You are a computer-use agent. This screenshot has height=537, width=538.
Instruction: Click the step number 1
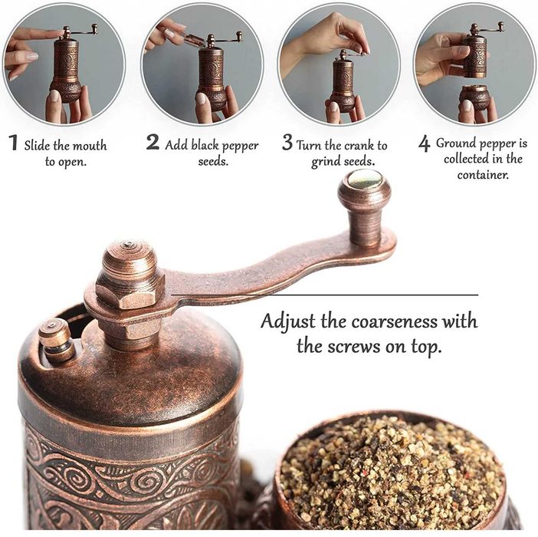tap(13, 143)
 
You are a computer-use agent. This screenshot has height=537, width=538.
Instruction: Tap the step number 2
tap(153, 143)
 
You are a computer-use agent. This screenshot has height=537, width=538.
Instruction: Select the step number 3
tap(287, 143)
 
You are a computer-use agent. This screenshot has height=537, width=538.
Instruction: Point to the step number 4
tap(424, 144)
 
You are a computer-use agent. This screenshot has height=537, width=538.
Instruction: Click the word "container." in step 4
tap(484, 174)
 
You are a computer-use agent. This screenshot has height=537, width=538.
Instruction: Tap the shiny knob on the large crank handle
tap(364, 182)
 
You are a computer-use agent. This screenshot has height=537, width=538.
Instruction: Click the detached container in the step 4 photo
tap(475, 97)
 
